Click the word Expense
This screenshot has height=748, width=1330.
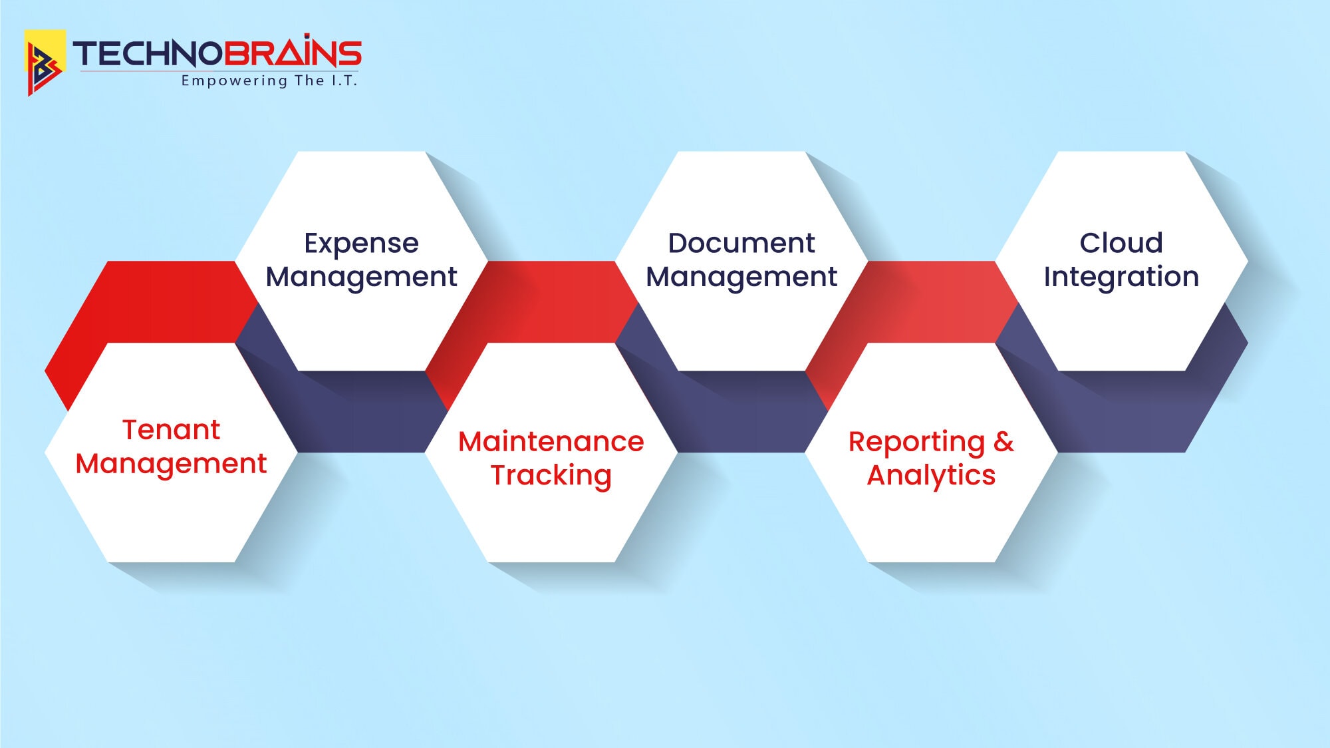tap(362, 244)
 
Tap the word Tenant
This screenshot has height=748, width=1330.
tap(171, 430)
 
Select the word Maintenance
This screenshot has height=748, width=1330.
tap(551, 442)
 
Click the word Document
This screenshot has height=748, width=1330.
tap(741, 243)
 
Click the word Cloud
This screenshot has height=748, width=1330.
tap(1121, 243)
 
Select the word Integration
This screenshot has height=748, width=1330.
tap(1121, 278)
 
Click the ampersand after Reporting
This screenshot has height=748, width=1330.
tap(1003, 442)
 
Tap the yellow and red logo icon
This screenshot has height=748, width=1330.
tap(45, 63)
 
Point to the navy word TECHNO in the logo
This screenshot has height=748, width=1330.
tap(147, 54)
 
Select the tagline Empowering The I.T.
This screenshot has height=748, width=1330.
tap(269, 81)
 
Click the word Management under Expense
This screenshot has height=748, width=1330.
tap(362, 278)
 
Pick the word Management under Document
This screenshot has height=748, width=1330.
tap(741, 278)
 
